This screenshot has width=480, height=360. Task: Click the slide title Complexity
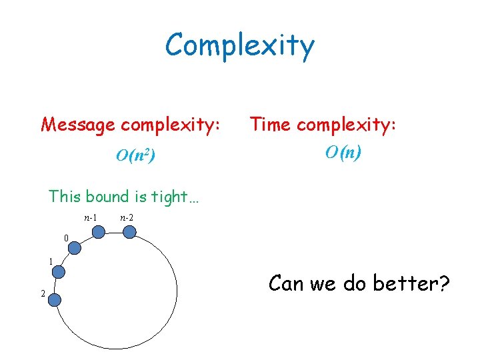point(239,45)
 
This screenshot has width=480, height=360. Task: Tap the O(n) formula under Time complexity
point(343,153)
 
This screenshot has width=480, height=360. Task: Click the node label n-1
point(91,218)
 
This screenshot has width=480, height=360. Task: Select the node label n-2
point(126,218)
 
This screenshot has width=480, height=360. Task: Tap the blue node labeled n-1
point(98,232)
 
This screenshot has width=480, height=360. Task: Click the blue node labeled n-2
point(130,231)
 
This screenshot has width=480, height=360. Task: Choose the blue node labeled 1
point(59,272)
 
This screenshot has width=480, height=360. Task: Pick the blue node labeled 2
point(55,299)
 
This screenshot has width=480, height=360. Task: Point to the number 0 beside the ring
point(66,238)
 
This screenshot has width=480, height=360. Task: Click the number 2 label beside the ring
point(43,294)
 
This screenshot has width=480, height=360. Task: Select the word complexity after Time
point(347,124)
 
